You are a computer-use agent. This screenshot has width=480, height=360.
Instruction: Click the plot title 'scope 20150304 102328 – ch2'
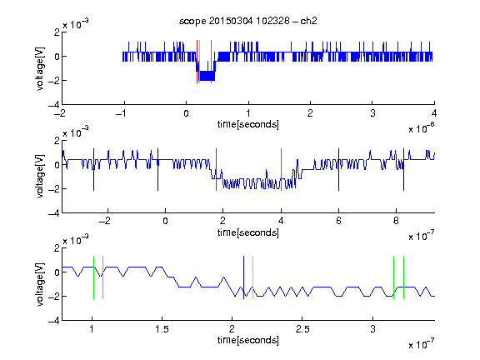pyautogui.click(x=248, y=21)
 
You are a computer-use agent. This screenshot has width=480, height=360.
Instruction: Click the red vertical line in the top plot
pyautogui.click(x=197, y=62)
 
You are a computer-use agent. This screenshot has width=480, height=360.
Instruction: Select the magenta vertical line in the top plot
pyautogui.click(x=211, y=62)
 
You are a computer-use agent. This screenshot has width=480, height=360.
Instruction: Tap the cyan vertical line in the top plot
pyautogui.click(x=199, y=62)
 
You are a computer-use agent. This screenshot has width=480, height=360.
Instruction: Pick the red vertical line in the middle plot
pyautogui.click(x=216, y=170)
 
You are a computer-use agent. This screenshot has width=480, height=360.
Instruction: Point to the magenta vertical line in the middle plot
pyautogui.click(x=281, y=170)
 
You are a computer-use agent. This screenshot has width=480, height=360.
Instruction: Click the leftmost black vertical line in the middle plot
pyautogui.click(x=93, y=170)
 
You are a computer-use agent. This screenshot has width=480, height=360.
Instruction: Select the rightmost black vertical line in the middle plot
pyautogui.click(x=403, y=170)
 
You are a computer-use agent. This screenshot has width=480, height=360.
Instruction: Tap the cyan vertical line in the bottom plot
pyautogui.click(x=252, y=277)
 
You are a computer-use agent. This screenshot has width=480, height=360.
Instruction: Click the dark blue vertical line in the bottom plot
pyautogui.click(x=243, y=277)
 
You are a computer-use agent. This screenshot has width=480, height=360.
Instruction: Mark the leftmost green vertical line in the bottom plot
pyautogui.click(x=93, y=277)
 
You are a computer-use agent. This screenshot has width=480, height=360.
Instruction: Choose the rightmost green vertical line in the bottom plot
pyautogui.click(x=404, y=277)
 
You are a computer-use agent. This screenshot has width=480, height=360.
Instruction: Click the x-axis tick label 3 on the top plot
pyautogui.click(x=372, y=113)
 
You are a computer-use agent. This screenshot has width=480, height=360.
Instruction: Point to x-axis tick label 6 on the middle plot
pyautogui.click(x=338, y=221)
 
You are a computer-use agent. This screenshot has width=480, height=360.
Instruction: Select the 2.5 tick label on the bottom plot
pyautogui.click(x=302, y=329)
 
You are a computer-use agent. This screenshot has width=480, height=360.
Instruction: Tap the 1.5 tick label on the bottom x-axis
pyautogui.click(x=162, y=329)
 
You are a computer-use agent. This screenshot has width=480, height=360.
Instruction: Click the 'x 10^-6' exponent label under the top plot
pyautogui.click(x=422, y=128)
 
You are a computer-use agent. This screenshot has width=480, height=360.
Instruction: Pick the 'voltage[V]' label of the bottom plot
pyautogui.click(x=40, y=284)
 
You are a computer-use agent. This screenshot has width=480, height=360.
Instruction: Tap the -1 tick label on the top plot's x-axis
pyautogui.click(x=121, y=113)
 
